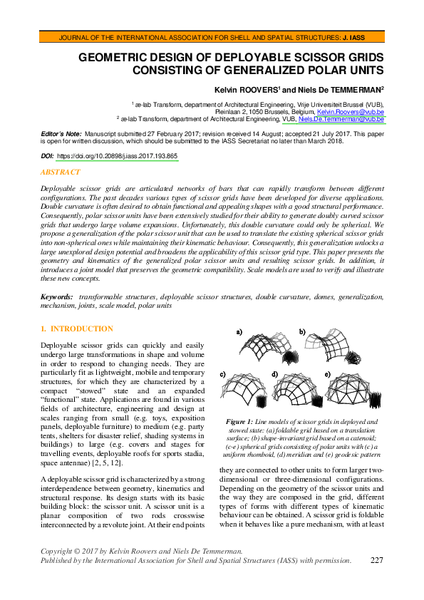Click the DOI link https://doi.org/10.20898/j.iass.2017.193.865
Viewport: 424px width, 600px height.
(x=117, y=155)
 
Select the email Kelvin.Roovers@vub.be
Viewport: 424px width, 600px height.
(x=351, y=113)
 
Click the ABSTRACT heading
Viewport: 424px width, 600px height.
(x=61, y=172)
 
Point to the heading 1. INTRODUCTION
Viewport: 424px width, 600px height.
(x=77, y=329)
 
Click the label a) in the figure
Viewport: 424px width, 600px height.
(x=239, y=331)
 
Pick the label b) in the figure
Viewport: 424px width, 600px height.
(x=302, y=331)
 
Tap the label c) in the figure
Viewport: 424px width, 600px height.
(x=222, y=373)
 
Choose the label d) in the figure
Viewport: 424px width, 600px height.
(x=275, y=373)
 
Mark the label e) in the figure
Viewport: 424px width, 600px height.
(x=327, y=373)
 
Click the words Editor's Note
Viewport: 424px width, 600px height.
(x=61, y=133)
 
